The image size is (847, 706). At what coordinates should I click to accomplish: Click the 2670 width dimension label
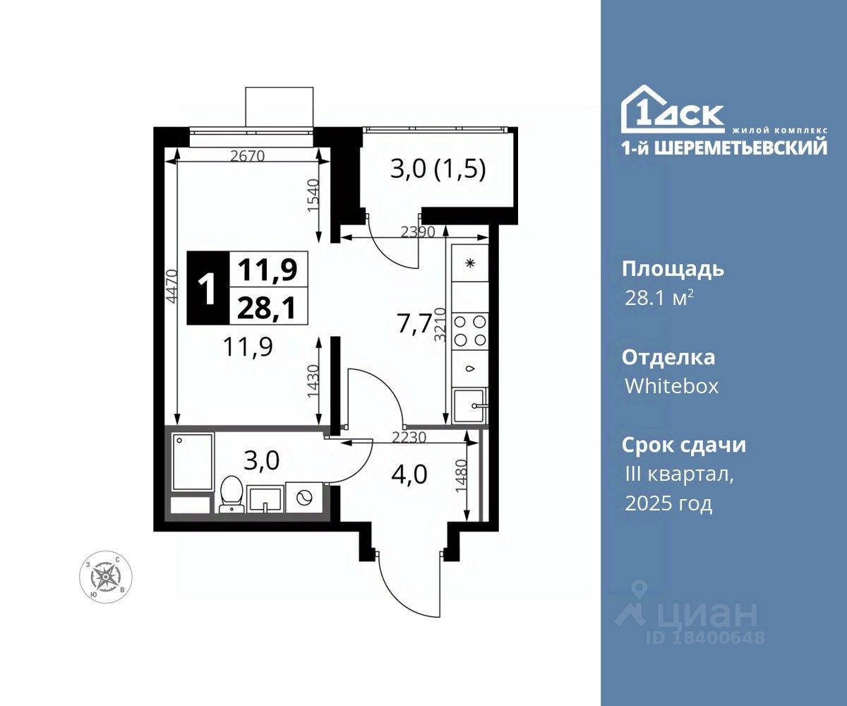(247, 156)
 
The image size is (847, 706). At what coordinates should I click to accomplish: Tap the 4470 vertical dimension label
(172, 286)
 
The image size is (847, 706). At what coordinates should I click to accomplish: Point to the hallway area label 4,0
(409, 474)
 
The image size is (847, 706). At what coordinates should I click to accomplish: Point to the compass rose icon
(105, 577)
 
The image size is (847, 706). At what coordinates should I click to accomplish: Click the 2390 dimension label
(418, 232)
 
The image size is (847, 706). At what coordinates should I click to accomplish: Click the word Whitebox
(672, 386)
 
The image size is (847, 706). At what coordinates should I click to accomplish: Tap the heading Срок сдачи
(684, 445)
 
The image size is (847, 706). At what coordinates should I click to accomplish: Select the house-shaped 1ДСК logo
(673, 109)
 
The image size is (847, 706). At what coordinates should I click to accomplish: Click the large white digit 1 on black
(208, 287)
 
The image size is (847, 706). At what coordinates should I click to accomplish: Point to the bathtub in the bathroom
(193, 462)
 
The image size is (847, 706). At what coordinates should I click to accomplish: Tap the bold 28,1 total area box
(268, 306)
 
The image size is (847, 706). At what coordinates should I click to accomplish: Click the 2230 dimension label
(409, 437)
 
